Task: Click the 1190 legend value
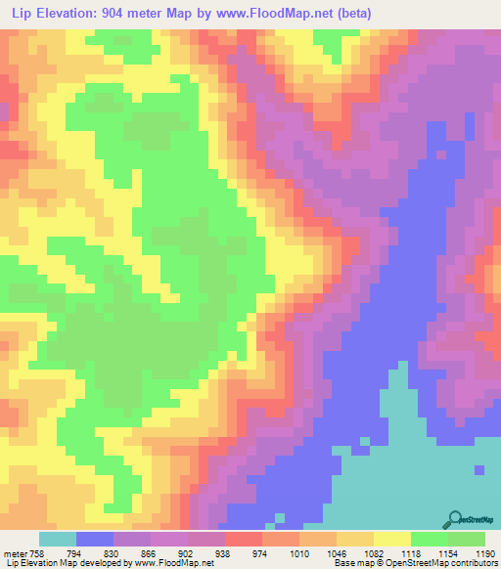[x=484, y=553]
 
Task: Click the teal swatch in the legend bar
[x=58, y=539]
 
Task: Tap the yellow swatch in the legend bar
[x=392, y=539]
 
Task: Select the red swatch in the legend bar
[x=244, y=539]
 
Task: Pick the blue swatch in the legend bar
[x=95, y=539]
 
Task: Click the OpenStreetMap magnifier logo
[x=452, y=520]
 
